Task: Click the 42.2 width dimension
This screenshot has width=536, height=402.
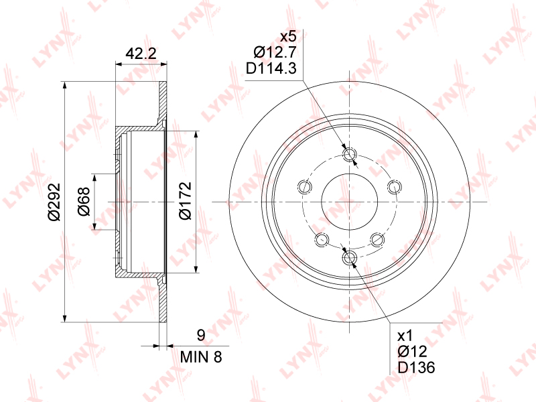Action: tap(141, 54)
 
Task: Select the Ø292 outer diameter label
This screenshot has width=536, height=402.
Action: tap(54, 202)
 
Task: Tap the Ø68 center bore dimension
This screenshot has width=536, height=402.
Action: tap(84, 202)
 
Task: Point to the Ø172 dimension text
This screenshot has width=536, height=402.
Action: tap(186, 200)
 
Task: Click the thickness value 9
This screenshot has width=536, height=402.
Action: tap(201, 336)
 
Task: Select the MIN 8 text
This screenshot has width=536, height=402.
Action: tap(201, 357)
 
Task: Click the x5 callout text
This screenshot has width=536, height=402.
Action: tap(288, 36)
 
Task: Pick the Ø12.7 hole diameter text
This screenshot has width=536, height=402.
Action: tap(275, 52)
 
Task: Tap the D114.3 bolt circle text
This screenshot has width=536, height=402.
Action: tap(271, 69)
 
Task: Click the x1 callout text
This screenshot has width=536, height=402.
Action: tap(405, 336)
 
